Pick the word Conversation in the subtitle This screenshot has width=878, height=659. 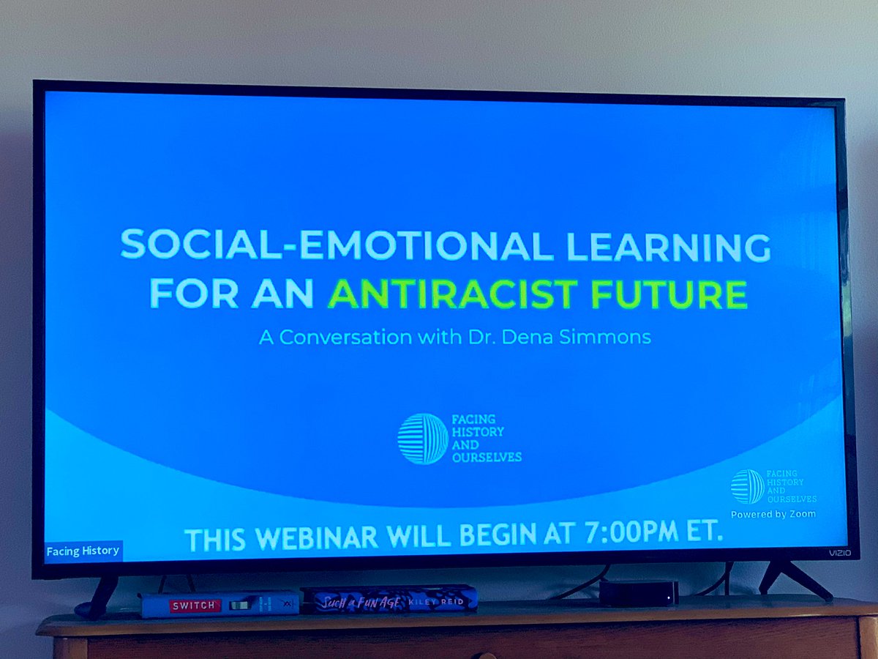(353, 338)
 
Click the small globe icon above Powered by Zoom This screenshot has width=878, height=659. (747, 486)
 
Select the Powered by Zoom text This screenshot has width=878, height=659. (773, 514)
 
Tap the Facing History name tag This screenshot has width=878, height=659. (83, 551)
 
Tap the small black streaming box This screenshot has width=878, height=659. (639, 592)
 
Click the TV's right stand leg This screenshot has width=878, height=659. (794, 578)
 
